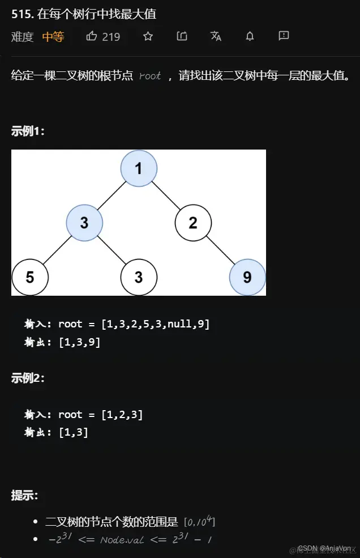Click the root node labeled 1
[139, 168]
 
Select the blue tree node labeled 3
[84, 223]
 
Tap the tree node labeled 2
[193, 223]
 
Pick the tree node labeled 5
[30, 277]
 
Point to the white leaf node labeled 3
[139, 277]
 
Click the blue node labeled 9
[247, 277]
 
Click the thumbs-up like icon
[92, 36]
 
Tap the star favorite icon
[148, 36]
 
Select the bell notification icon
[250, 36]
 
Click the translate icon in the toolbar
[216, 36]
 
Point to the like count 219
[111, 37]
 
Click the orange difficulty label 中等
[53, 37]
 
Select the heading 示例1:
[28, 131]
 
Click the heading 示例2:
[28, 378]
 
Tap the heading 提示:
[24, 495]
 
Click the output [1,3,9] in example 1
[79, 342]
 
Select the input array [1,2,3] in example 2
[122, 415]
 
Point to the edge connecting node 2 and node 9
[220, 250]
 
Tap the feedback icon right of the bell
[284, 36]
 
